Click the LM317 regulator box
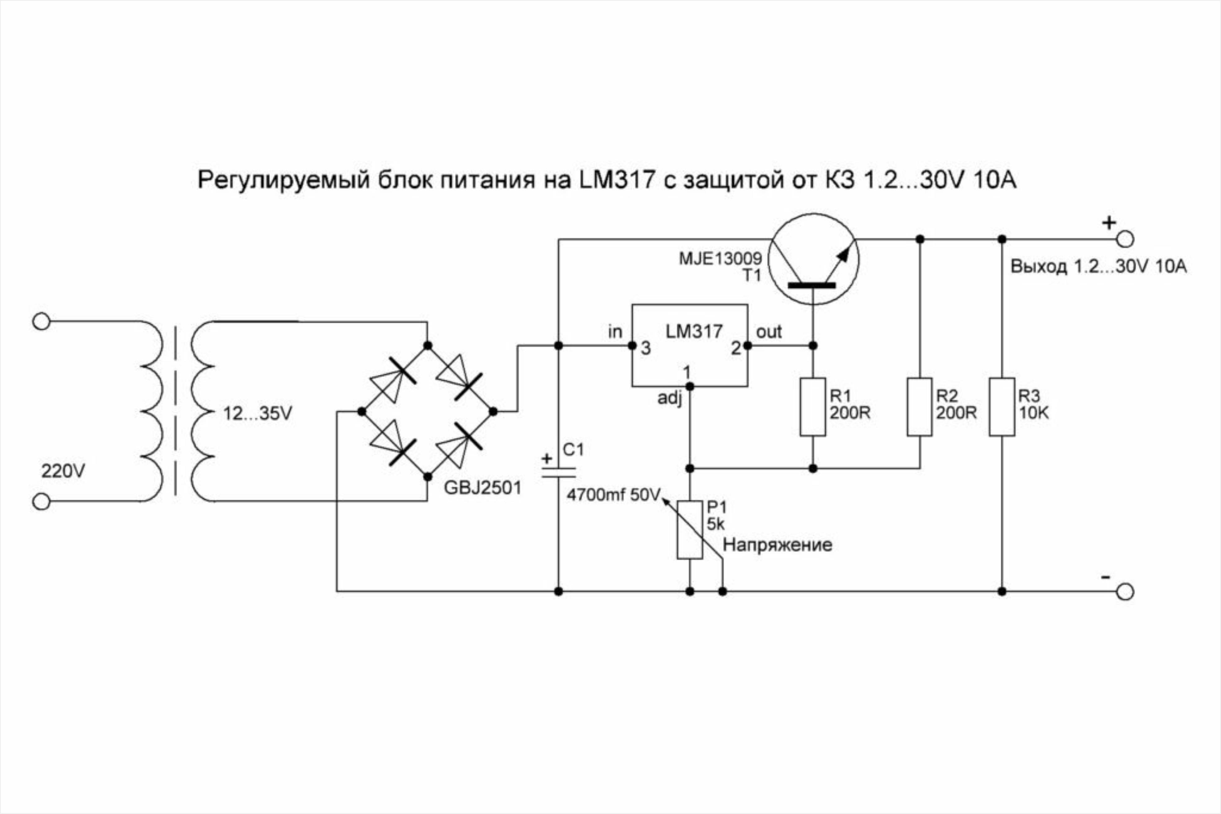(x=690, y=345)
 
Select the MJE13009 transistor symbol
(x=813, y=259)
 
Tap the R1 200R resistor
(x=813, y=406)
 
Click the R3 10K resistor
(x=1002, y=406)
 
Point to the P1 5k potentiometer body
(x=690, y=529)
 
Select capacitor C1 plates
(x=559, y=472)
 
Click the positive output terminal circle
(x=1125, y=239)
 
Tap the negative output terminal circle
(x=1125, y=591)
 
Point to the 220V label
(x=63, y=471)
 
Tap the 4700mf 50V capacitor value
(x=613, y=495)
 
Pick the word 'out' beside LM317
(x=768, y=332)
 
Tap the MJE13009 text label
(x=720, y=258)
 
